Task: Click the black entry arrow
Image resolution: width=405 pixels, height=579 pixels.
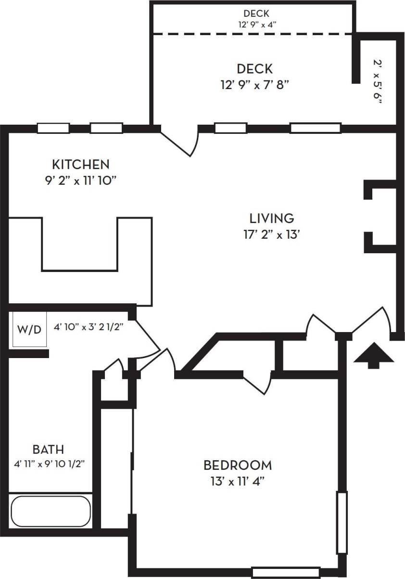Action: click(374, 358)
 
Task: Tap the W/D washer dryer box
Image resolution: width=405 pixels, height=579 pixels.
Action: click(29, 330)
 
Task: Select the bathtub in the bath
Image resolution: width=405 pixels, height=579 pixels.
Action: click(51, 511)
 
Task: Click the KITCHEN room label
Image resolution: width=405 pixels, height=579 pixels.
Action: click(81, 165)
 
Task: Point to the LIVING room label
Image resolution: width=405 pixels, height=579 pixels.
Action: click(271, 218)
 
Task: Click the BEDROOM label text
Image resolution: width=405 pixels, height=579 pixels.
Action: click(238, 465)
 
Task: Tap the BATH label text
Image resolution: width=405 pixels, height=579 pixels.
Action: click(48, 450)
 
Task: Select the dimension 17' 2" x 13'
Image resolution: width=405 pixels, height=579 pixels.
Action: click(272, 235)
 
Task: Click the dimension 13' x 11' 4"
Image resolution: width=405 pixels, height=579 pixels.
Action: click(238, 482)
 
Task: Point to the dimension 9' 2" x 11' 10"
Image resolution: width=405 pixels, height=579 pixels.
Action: click(81, 181)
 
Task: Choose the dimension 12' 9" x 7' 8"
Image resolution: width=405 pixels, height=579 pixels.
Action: click(254, 85)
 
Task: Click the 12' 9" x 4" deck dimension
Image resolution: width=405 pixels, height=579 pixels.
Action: click(256, 24)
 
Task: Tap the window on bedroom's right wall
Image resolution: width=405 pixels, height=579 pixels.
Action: click(342, 522)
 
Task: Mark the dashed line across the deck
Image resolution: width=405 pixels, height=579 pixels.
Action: click(253, 34)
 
